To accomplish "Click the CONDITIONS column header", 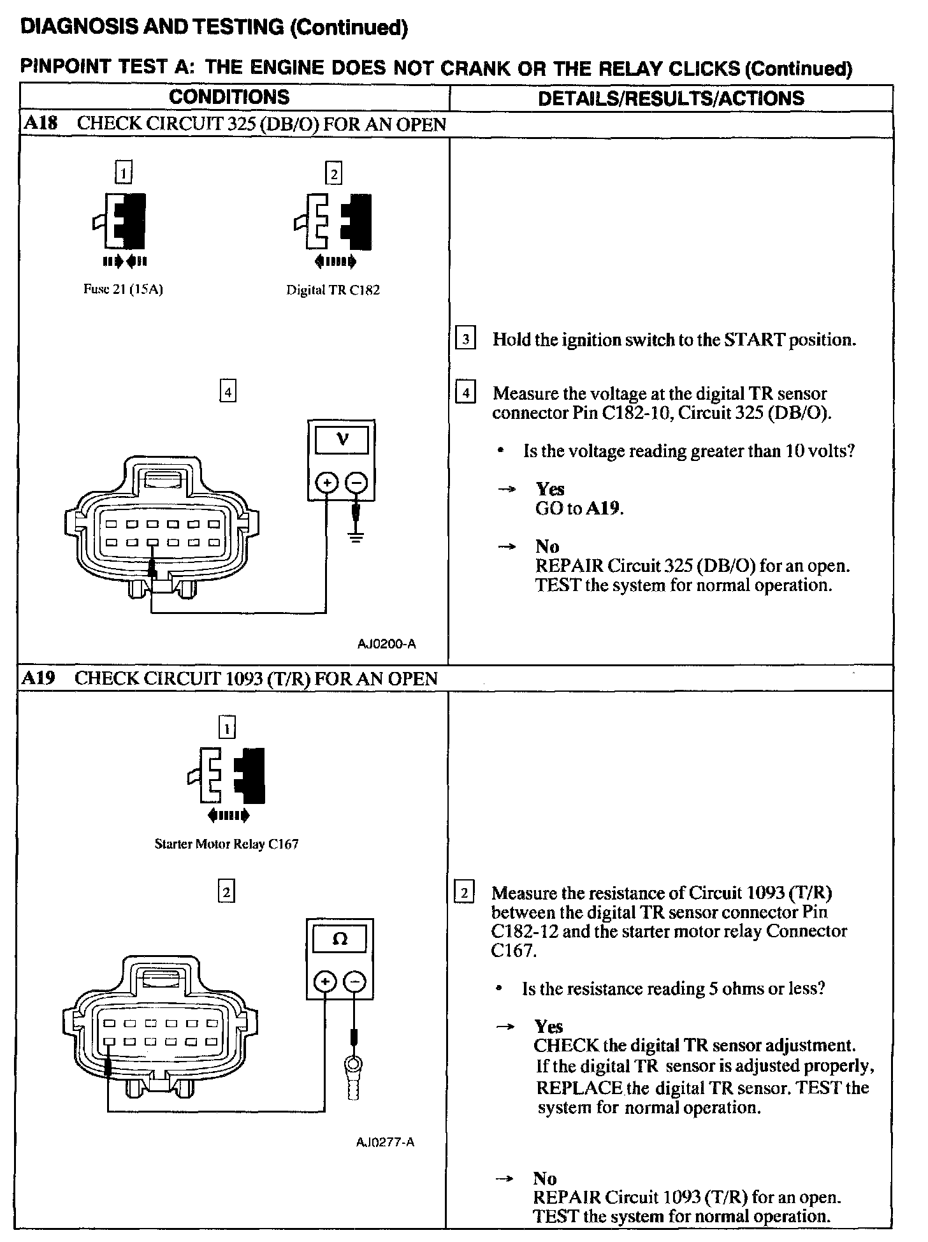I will (x=229, y=98).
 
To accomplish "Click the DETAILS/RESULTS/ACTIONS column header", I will (x=671, y=98).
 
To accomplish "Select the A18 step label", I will (x=40, y=124).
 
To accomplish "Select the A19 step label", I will (x=39, y=678).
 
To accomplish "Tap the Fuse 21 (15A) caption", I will (x=123, y=289).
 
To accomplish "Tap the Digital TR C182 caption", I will (x=333, y=291).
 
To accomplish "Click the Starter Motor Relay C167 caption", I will (x=226, y=844).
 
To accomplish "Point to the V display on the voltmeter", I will (x=342, y=440).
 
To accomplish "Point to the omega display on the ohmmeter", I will (x=340, y=939).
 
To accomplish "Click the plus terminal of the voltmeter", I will (x=326, y=484).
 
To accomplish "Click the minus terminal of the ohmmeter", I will (x=356, y=982).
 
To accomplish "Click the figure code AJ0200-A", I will (x=386, y=644).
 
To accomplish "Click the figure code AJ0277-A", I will (x=385, y=1142).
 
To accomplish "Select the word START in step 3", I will (x=754, y=340).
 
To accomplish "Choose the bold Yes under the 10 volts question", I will (x=549, y=489).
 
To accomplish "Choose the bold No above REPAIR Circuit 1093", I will (x=546, y=1178).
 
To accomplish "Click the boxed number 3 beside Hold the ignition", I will (x=466, y=339).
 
